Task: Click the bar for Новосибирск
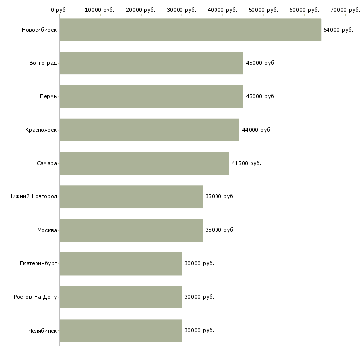[190, 30]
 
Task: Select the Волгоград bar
[151, 63]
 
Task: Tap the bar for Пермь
[151, 97]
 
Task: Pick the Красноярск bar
[149, 130]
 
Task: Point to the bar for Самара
[144, 163]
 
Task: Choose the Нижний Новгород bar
[131, 197]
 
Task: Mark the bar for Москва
[131, 230]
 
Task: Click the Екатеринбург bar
[120, 264]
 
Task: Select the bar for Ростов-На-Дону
[120, 297]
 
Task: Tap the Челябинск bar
[120, 330]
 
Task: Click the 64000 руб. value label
[338, 30]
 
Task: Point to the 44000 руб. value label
[256, 130]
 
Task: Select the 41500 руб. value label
[246, 163]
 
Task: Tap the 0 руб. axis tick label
[59, 10]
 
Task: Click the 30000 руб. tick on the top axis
[181, 10]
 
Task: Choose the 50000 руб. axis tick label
[263, 10]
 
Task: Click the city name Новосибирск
[39, 30]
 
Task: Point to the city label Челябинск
[42, 330]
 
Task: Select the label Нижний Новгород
[33, 197]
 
